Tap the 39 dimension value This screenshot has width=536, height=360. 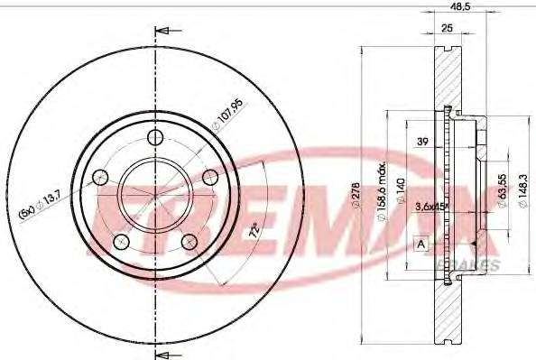point(420,142)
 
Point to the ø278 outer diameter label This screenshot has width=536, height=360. point(362,193)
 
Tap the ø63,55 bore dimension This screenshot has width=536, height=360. point(502,189)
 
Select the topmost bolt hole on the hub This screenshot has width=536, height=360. point(155,137)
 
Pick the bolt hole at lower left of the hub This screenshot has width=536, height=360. point(121,242)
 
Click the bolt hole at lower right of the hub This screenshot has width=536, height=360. point(189,242)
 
